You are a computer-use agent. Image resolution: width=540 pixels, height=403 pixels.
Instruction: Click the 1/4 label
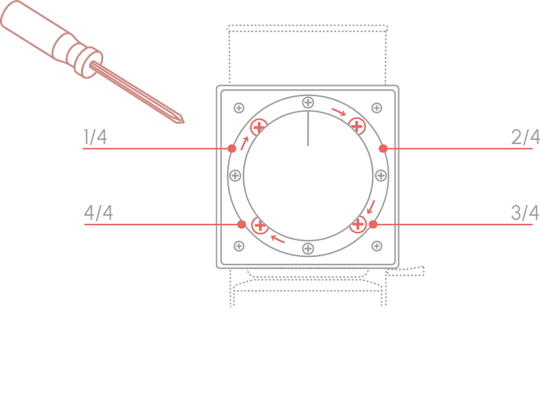coord(95,137)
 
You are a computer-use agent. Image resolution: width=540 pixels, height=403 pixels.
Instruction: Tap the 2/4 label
coord(525,137)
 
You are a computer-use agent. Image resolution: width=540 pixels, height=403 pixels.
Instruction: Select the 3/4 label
coord(525,213)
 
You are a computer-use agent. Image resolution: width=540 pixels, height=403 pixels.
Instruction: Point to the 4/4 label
coord(99,213)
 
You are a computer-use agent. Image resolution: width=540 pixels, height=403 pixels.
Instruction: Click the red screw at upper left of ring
coord(259,126)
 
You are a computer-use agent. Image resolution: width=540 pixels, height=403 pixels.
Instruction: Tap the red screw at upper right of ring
coord(357,126)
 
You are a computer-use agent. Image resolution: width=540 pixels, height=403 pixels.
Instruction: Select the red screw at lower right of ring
coord(358,224)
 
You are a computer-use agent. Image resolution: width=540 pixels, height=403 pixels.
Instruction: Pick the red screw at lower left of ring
coord(259,225)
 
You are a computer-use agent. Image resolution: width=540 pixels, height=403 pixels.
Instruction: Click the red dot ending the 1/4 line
coord(232,148)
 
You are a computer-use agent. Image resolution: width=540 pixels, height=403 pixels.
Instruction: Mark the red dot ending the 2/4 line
coord(383,148)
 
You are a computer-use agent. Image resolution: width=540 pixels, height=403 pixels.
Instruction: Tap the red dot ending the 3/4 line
coord(373,224)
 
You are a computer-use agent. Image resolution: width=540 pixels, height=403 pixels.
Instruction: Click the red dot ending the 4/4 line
coord(242,224)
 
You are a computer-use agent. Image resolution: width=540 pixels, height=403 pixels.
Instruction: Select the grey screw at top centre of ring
coord(308,103)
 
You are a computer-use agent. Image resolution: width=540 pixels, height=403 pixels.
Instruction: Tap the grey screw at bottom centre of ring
coord(308,248)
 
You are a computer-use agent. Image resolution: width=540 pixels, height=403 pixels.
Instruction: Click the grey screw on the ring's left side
coord(235,176)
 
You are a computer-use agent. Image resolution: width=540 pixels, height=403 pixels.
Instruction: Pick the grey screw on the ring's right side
coord(381,176)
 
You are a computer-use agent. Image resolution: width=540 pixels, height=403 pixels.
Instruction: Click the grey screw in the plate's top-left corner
coord(238,108)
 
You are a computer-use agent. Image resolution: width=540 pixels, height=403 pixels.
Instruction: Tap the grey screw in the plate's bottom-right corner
coord(377,245)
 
